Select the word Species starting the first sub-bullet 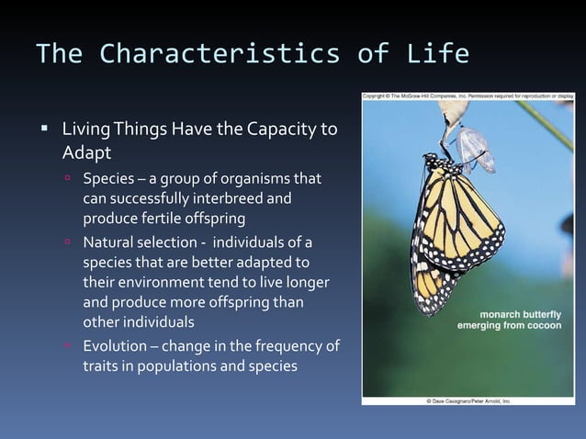pos(110,177)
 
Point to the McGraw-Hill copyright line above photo pos(468,95)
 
